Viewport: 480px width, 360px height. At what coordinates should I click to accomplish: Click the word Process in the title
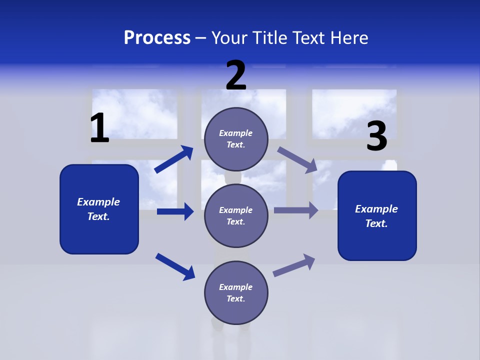pos(157,38)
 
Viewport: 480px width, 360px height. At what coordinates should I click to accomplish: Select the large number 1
pos(99,128)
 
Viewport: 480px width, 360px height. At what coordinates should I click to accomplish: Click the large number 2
pos(236,75)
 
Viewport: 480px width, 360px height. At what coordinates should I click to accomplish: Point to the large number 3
pos(376,136)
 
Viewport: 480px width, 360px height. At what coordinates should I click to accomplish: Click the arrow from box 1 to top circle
pos(174,159)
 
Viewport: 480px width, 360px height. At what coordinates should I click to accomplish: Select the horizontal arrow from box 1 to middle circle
pos(175,211)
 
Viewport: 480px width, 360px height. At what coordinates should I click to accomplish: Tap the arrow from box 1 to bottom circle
pos(175,266)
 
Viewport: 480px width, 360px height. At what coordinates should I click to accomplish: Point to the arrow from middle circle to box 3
pos(296,210)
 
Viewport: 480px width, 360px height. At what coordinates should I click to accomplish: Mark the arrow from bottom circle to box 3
pos(294,265)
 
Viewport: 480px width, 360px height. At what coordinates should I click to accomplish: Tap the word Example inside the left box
pos(98,202)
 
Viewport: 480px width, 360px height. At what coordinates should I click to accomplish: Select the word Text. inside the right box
pos(376,223)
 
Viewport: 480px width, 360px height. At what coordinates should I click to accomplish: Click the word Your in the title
pos(229,38)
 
